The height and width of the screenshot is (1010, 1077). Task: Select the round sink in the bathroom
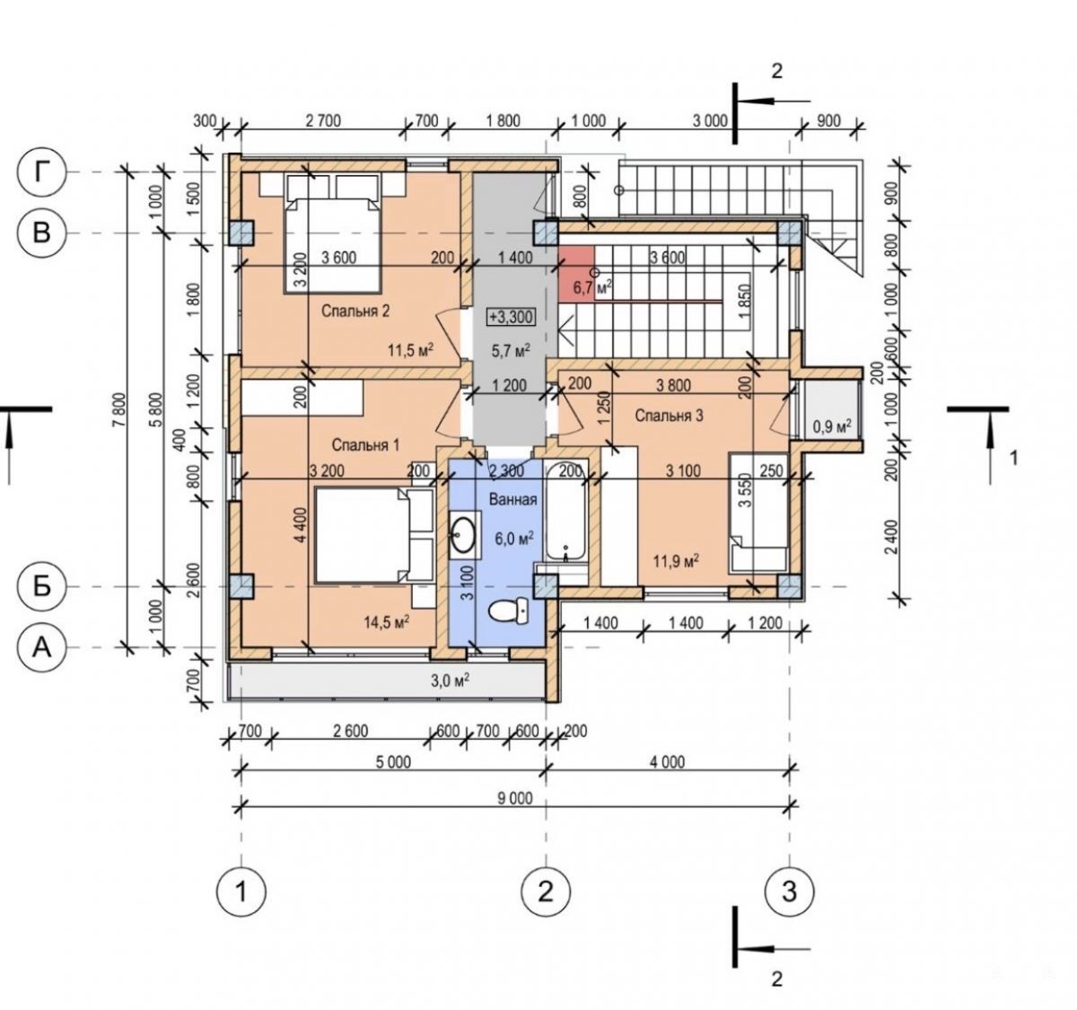[x=463, y=534]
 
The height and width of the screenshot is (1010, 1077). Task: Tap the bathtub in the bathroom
[x=565, y=509]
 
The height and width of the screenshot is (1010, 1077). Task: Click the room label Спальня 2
[x=355, y=312]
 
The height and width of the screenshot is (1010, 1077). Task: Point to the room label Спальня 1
[x=365, y=445]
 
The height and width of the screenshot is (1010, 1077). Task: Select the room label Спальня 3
[x=670, y=416]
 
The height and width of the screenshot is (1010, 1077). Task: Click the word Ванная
[x=513, y=499]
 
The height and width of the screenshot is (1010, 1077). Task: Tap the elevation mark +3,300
[x=512, y=317]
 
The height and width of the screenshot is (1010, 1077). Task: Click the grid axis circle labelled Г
[x=42, y=172]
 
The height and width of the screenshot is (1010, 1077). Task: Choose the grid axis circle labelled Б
[x=42, y=587]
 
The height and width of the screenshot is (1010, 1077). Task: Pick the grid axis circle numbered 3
[x=789, y=891]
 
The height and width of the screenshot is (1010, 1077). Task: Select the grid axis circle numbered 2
[x=546, y=891]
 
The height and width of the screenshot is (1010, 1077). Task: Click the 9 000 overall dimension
[x=514, y=798]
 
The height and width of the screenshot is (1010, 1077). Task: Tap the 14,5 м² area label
[x=386, y=622]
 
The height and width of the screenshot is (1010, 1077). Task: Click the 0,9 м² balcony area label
[x=831, y=426]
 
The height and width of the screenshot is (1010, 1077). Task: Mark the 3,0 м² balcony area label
[x=451, y=681]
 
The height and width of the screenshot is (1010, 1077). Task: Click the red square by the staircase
[x=577, y=264]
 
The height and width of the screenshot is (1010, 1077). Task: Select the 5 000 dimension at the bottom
[x=392, y=762]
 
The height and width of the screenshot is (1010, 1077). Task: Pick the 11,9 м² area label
[x=675, y=560]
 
